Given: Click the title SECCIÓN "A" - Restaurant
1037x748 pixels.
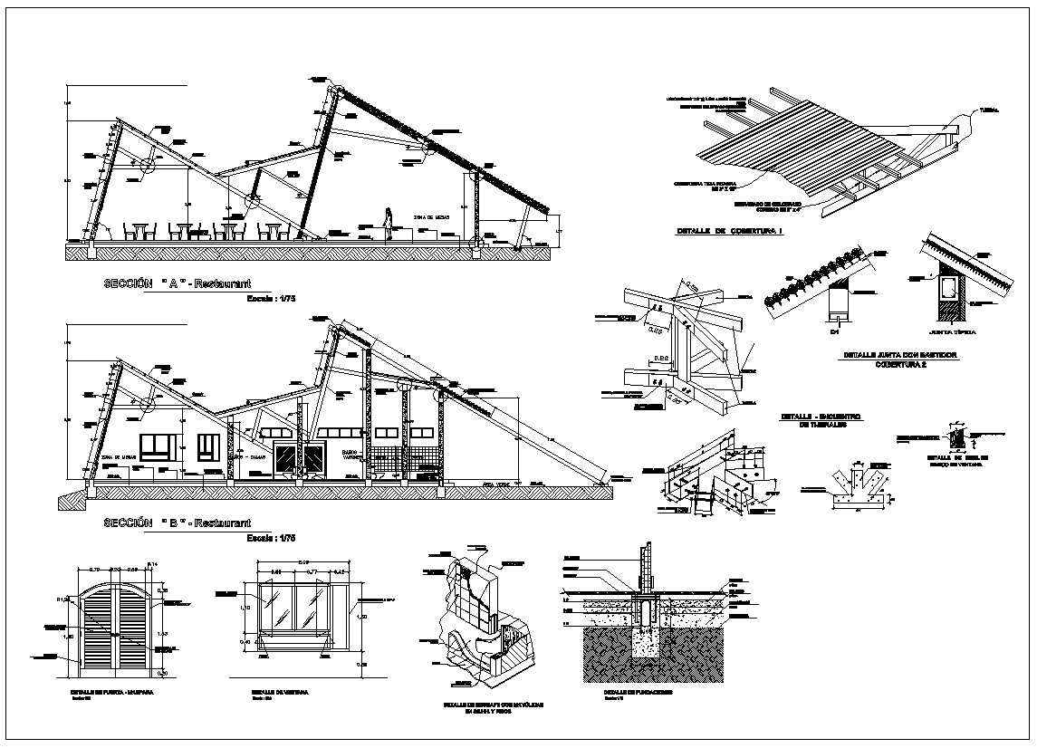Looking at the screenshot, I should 177,284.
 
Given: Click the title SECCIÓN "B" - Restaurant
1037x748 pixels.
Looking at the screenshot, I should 177,523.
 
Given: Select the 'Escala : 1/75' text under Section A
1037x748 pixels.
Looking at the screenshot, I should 272,298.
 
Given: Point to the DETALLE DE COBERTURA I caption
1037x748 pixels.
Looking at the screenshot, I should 729,232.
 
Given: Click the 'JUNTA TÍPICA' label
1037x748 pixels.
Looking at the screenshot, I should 955,332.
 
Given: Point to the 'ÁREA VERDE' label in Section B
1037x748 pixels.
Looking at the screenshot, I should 497,485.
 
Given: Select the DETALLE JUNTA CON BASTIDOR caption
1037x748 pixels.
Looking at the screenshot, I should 899,356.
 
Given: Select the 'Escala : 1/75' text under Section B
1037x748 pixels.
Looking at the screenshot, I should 272,538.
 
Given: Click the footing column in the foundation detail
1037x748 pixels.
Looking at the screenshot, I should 647,616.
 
